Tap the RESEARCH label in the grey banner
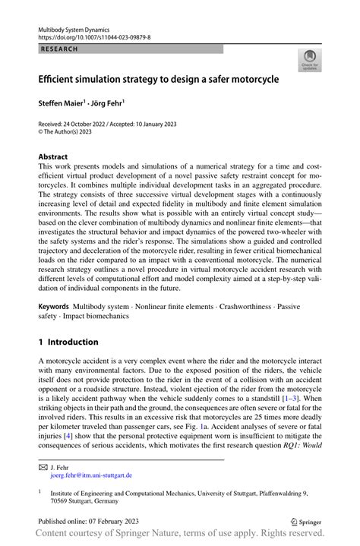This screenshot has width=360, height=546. (x=55, y=48)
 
